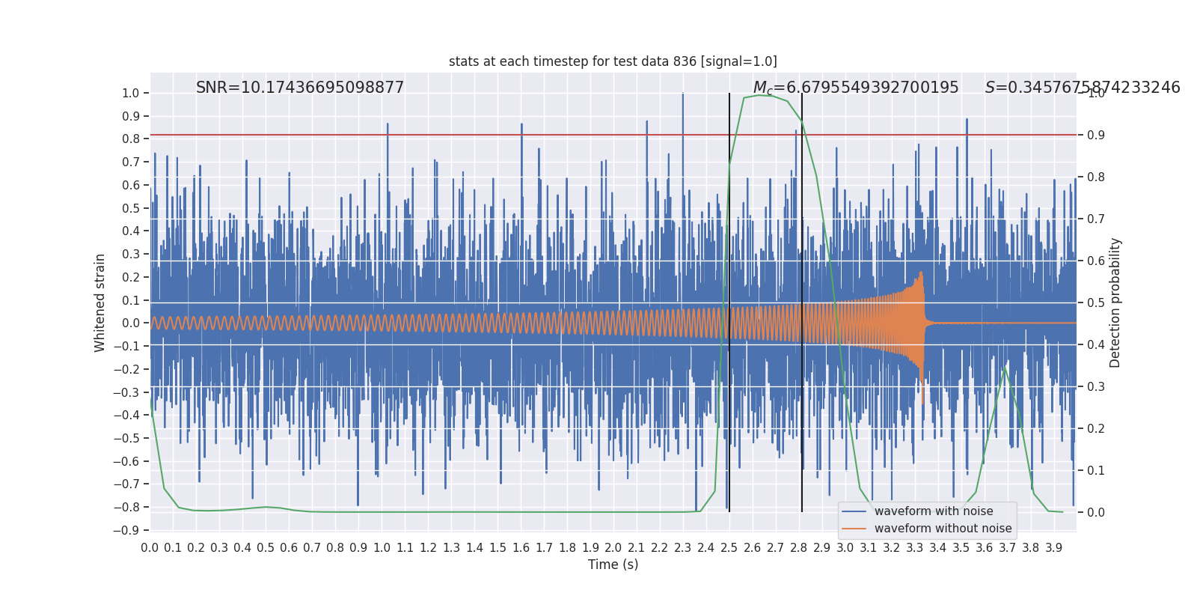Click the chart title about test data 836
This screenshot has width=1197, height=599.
613,61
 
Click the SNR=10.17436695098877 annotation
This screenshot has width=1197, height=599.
300,88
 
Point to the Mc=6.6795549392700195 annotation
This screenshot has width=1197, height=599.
855,88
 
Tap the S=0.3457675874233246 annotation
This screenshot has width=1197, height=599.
1082,88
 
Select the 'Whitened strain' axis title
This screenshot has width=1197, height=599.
100,302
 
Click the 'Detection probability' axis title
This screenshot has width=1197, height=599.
1115,302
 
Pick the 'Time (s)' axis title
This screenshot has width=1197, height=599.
613,565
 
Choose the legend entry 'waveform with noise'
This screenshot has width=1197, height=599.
933,511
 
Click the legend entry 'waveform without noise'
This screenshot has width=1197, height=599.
943,529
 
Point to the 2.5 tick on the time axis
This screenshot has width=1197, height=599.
729,548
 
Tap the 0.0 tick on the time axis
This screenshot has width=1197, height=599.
150,548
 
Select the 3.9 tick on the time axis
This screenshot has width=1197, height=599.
1053,548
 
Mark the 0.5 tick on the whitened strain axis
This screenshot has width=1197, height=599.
130,208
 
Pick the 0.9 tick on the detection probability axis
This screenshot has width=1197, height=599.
1095,136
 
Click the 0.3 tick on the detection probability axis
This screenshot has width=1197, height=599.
1095,387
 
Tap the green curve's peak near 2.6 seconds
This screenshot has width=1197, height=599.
759,95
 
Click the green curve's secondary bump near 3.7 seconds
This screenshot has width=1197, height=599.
1004,368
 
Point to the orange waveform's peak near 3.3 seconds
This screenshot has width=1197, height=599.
921,273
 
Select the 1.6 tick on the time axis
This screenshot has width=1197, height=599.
521,548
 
